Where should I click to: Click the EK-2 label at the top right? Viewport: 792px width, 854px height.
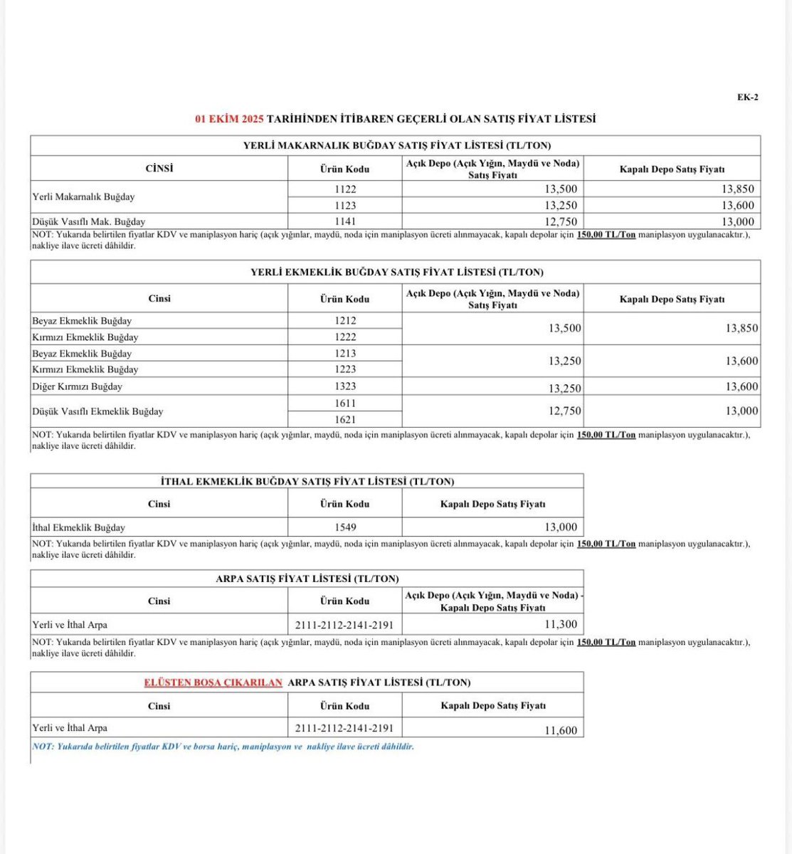tap(747, 97)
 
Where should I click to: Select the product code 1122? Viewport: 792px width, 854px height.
tap(345, 189)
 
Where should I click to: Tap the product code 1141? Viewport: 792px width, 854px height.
tap(345, 221)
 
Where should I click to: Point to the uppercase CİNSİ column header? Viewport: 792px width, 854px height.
tap(159, 169)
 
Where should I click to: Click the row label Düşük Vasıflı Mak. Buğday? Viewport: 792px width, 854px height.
tap(89, 221)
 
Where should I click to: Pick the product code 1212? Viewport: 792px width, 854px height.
tap(345, 320)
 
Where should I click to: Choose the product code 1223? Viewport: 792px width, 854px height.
tap(345, 369)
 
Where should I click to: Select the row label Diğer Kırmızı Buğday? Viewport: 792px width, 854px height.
tap(78, 386)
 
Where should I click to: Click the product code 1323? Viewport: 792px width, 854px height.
tap(345, 386)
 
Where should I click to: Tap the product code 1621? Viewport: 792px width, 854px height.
tap(345, 419)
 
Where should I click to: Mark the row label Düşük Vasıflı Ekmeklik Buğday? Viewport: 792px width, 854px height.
tap(97, 411)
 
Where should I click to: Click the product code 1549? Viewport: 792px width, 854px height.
tap(345, 527)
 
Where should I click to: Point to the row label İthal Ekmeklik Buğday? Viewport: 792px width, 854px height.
tap(79, 527)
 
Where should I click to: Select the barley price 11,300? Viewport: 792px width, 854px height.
tap(561, 624)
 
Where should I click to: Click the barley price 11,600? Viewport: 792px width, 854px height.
tap(561, 730)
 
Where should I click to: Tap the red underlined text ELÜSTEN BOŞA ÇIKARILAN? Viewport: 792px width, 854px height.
tap(213, 682)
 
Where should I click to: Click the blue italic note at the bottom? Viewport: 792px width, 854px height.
tap(223, 747)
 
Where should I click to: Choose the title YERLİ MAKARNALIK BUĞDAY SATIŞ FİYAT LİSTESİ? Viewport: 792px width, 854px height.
tap(396, 145)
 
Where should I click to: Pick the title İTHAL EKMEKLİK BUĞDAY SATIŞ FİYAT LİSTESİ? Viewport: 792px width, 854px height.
tap(307, 481)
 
